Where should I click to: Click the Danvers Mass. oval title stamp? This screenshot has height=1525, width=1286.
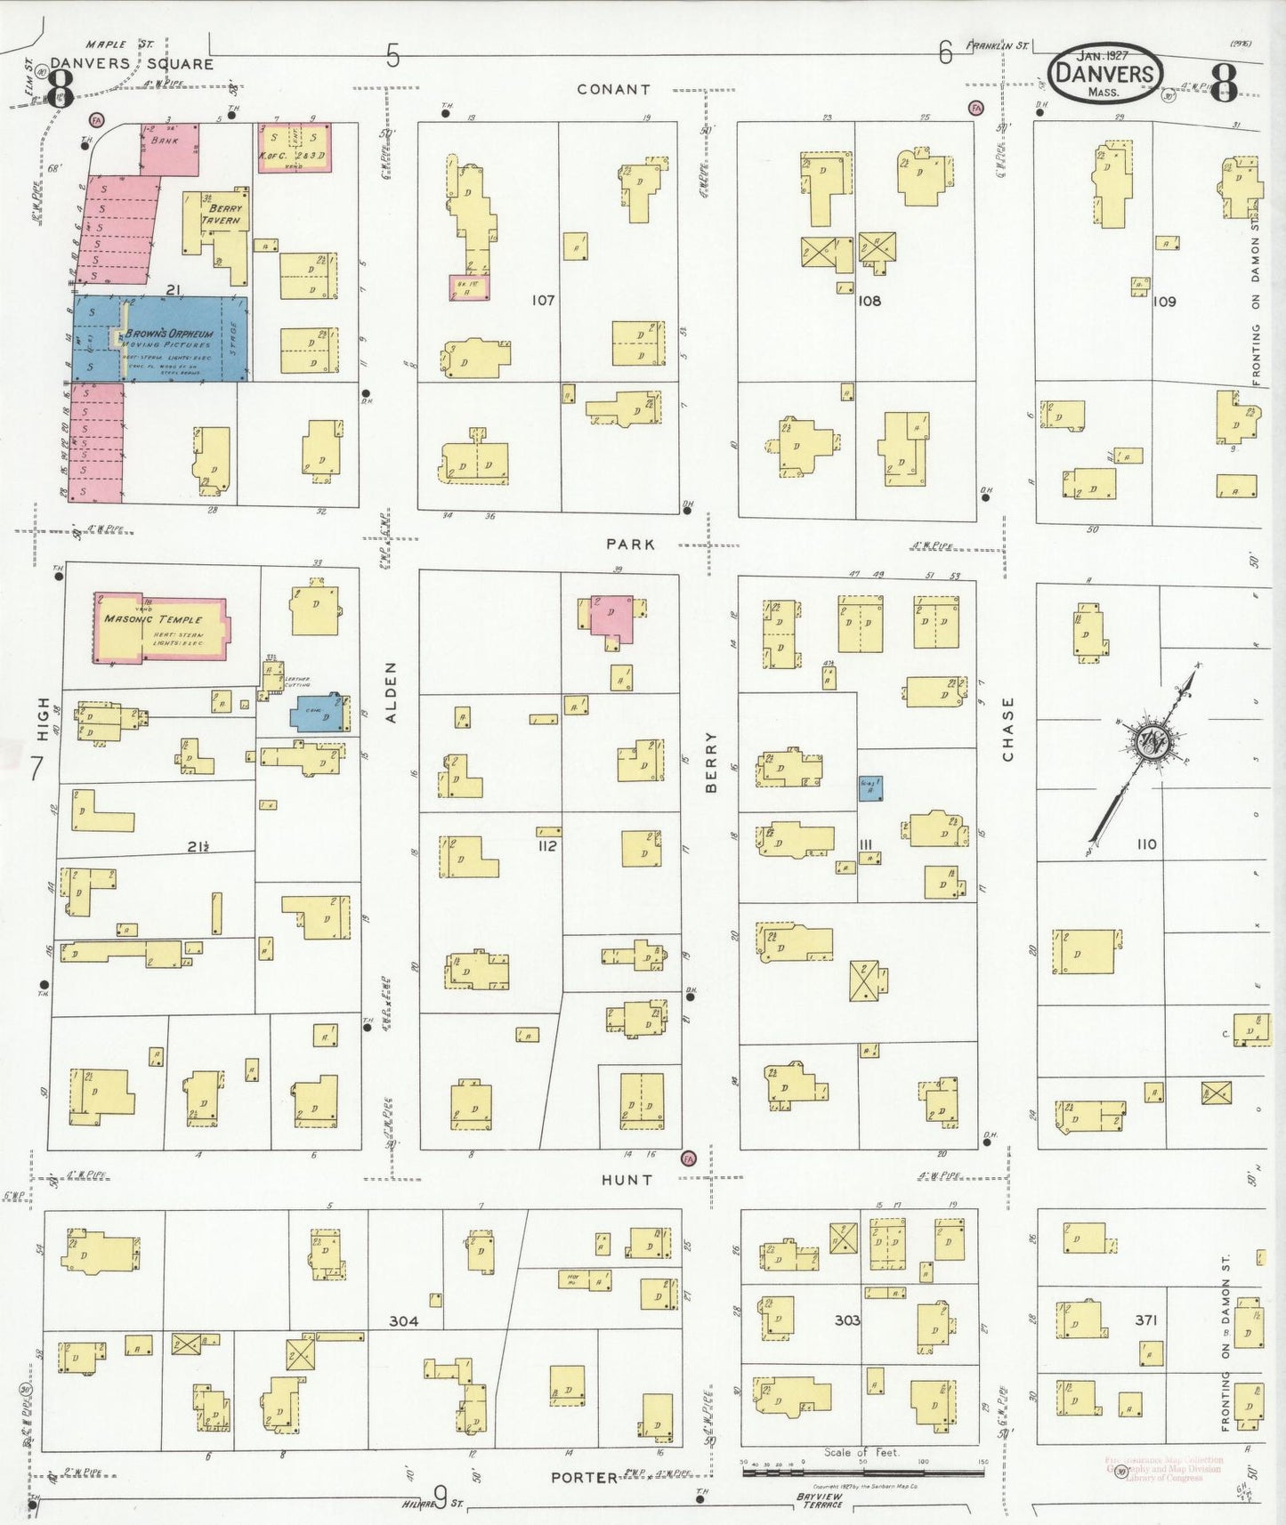(x=1105, y=74)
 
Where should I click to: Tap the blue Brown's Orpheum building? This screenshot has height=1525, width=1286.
(x=160, y=339)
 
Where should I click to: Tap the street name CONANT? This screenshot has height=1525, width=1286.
(x=613, y=89)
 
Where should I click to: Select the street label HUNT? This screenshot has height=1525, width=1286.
(x=627, y=1180)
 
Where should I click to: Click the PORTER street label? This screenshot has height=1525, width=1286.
(x=584, y=1477)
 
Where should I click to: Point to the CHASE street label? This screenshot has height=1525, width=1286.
(x=1007, y=730)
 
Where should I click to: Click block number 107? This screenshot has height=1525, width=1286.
(x=543, y=301)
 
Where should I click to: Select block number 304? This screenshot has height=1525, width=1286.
(x=403, y=1321)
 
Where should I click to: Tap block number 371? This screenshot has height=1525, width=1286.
(x=1145, y=1320)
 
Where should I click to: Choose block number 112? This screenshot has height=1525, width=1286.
(x=546, y=846)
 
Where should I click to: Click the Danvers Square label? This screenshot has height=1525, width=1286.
(x=132, y=64)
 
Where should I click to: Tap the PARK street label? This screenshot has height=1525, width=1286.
(x=630, y=544)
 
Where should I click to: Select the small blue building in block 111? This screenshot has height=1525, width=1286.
(x=870, y=787)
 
